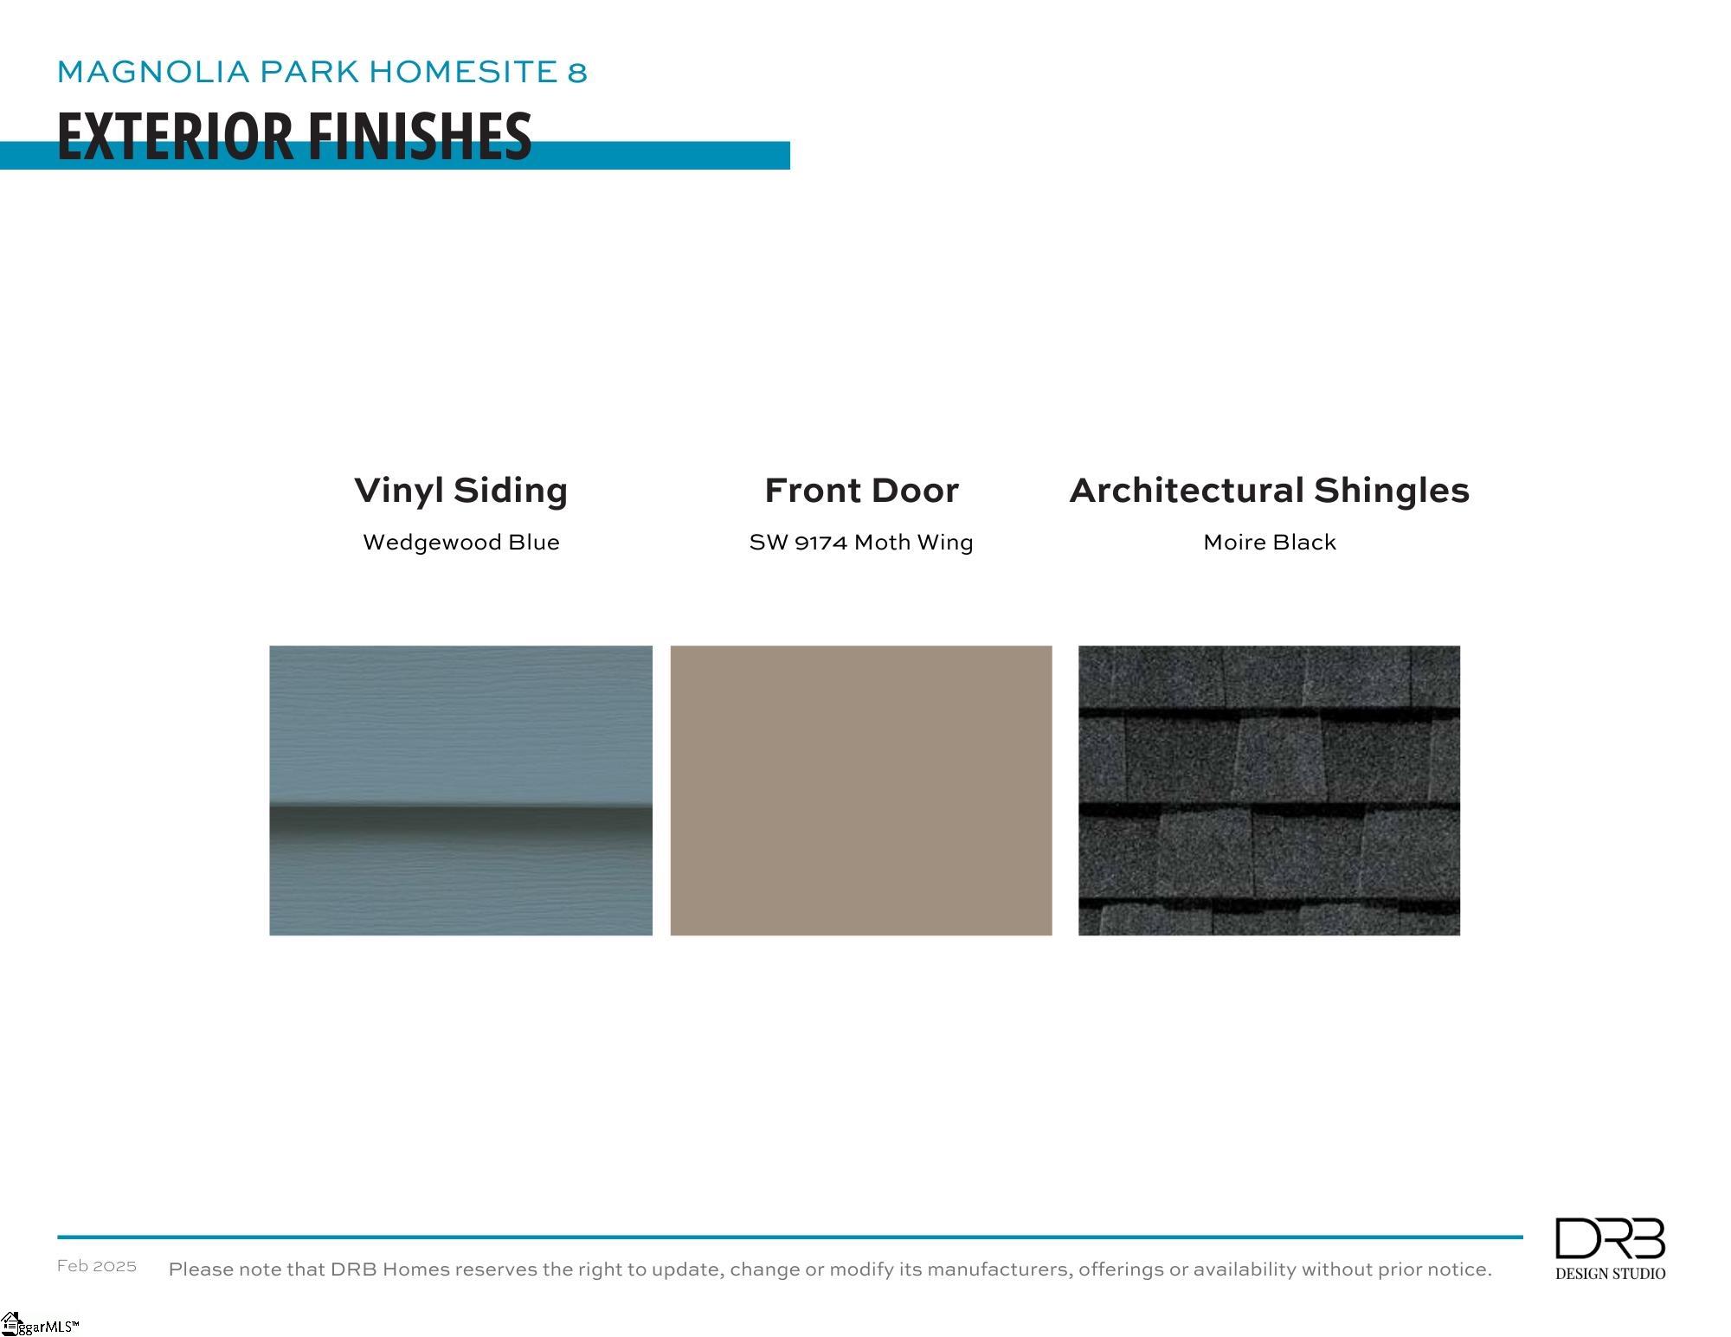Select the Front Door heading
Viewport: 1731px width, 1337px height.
point(861,491)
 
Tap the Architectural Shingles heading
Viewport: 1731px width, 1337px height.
point(1270,491)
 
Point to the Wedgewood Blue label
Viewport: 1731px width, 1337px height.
point(461,543)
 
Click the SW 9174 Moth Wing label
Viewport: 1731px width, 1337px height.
point(861,543)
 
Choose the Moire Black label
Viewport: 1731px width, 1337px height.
point(1270,543)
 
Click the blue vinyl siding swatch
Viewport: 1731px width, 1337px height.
point(461,790)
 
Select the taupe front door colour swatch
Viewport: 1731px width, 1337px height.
point(861,790)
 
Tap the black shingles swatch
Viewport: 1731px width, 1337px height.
point(1269,790)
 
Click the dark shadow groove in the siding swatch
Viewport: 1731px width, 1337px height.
point(461,821)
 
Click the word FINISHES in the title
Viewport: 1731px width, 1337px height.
point(420,137)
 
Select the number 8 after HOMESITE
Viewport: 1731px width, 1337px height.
point(577,72)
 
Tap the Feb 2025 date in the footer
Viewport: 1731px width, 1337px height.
point(97,1266)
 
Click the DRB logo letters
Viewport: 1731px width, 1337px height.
point(1610,1238)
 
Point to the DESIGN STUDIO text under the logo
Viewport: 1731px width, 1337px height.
point(1610,1274)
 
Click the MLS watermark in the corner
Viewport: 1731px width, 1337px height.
point(40,1325)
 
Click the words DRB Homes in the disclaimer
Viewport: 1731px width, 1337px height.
point(390,1270)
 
